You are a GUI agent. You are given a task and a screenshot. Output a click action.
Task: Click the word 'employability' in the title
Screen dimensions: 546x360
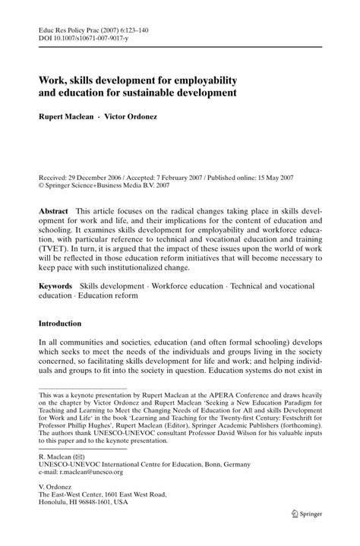coord(203,80)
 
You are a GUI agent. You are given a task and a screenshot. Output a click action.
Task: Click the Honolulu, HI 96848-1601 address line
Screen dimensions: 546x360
coord(83,524)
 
